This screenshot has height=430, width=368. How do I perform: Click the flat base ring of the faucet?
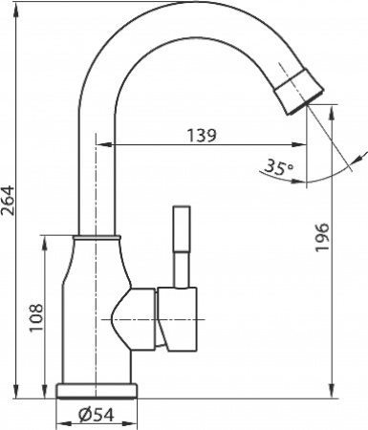[x=97, y=391]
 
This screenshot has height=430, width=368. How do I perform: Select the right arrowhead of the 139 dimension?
[x=305, y=145]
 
